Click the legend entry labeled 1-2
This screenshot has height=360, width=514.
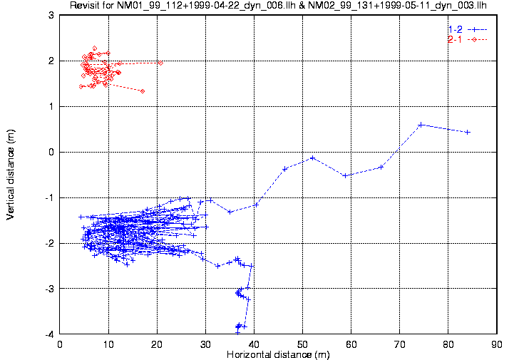coord(456,29)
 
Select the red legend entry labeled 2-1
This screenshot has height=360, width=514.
coord(456,39)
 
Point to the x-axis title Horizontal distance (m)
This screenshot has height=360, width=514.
coord(277,354)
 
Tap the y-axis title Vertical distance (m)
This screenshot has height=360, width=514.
coord(10,175)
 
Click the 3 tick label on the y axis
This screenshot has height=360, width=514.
coord(51,15)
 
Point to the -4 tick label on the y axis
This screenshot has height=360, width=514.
coord(49,334)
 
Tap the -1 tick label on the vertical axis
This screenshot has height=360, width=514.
coord(49,197)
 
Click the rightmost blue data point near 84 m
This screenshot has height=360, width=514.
coord(468,132)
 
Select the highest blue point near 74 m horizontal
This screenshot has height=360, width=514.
coord(421,125)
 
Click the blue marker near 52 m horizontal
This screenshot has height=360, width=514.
coord(312,158)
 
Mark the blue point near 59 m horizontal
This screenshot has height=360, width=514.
coord(345,175)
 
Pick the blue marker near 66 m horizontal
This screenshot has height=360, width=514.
coord(381,167)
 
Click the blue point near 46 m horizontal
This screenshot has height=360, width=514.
coord(285,168)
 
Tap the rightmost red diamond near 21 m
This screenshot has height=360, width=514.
coord(160,63)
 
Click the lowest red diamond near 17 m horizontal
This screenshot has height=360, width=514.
coord(143,91)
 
